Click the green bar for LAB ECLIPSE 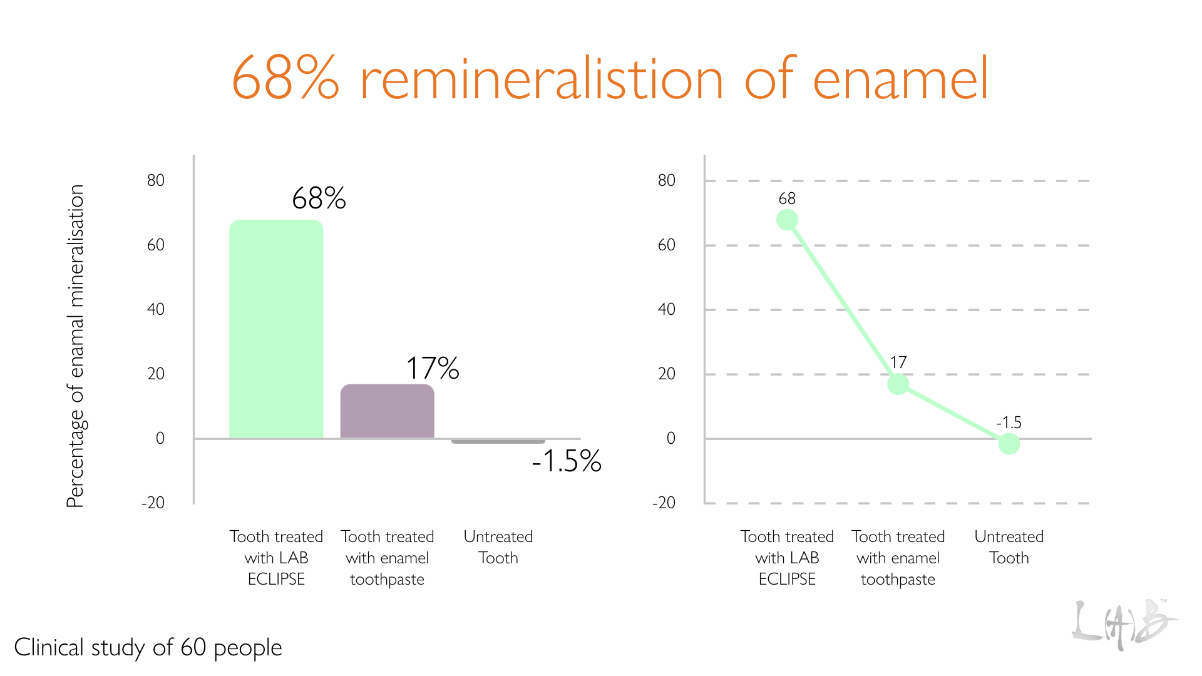coord(276,329)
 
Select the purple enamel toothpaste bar coord(387,411)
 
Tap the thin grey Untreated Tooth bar coord(498,441)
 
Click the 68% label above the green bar coord(319,198)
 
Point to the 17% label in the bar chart coord(433,368)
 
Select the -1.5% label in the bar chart coord(567,461)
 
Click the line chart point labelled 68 coord(787,220)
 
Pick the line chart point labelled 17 coord(898,384)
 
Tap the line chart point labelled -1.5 coord(1009,444)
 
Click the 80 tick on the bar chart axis coord(156,181)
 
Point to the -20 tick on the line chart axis coord(664,503)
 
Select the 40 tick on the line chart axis coord(666,309)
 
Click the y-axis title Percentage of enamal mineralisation coord(75,346)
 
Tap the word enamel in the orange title coord(900,79)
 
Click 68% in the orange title coord(285,79)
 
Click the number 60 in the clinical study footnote coord(193,647)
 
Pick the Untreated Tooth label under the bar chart coord(498,547)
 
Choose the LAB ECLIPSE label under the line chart coord(787,558)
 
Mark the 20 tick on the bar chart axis coord(156,374)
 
